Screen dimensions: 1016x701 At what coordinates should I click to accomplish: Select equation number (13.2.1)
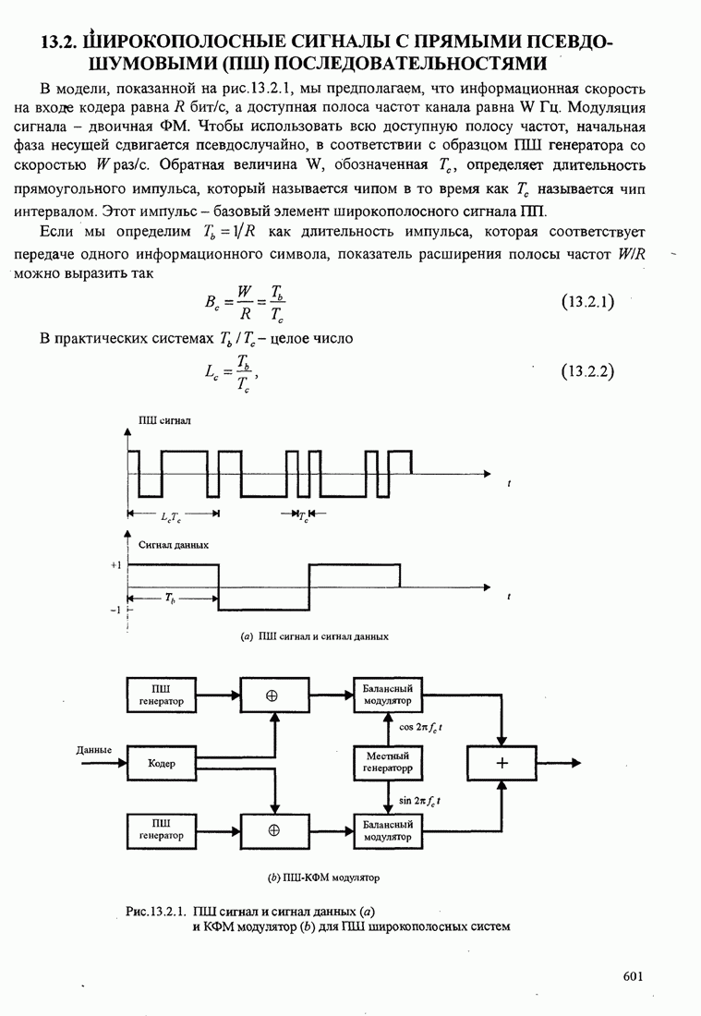tap(588, 302)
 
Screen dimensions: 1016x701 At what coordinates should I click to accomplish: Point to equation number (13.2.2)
tap(588, 372)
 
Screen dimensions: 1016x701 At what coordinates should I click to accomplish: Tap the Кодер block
tap(162, 763)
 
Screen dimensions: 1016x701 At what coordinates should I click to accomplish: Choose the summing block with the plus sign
tap(502, 763)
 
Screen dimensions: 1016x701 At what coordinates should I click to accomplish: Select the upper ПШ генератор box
tap(162, 695)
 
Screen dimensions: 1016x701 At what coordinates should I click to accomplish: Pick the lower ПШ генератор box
tap(162, 829)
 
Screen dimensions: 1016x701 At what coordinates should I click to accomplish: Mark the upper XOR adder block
tap(273, 695)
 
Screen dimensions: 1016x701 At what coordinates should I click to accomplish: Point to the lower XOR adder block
tap(273, 829)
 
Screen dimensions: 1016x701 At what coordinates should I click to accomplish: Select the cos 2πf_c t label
tap(419, 727)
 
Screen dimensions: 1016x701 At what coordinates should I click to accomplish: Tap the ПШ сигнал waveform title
tap(164, 420)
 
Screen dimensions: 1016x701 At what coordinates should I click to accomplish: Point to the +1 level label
tap(115, 563)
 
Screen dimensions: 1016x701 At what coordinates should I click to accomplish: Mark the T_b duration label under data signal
tap(171, 599)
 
